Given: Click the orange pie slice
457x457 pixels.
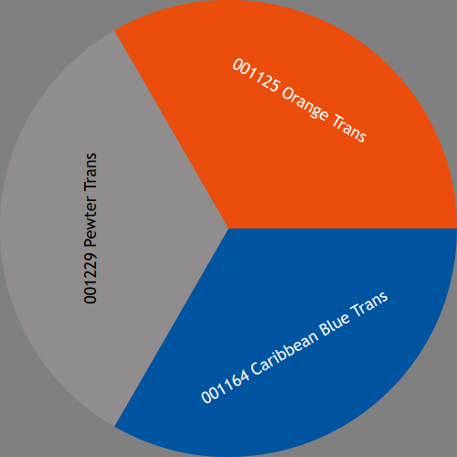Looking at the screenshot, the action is (304, 122).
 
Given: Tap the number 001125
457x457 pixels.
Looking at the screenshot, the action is (255, 75).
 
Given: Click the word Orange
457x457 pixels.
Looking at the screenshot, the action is (305, 104).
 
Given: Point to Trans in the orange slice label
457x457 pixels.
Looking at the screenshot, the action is (349, 128).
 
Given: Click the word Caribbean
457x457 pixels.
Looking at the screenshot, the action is (284, 353).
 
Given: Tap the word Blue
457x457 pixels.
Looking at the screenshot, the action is (335, 324).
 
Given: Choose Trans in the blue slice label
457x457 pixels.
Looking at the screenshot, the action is (369, 303).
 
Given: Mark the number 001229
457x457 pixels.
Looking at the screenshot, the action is (90, 277).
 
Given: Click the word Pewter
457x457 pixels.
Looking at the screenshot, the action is (90, 221).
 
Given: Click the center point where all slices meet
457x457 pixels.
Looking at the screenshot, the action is (228, 228).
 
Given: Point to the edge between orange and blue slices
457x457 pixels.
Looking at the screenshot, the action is (343, 228).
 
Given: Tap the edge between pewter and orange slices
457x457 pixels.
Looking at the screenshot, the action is (172, 130).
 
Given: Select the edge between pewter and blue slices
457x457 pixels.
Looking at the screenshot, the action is (172, 327).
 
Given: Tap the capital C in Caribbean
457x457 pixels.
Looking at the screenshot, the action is (257, 368).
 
